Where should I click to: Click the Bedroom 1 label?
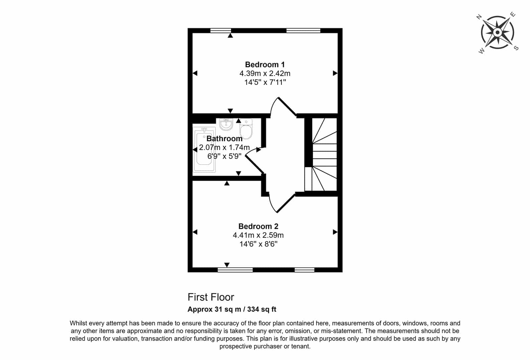(265, 65)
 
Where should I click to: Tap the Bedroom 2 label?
(258, 226)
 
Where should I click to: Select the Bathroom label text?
(224, 139)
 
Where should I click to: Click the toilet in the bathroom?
(246, 129)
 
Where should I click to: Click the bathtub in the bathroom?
(204, 150)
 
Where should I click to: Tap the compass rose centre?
(498, 32)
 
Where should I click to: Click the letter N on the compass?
(479, 17)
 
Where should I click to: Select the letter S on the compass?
(516, 48)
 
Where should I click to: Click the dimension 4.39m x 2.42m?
(265, 73)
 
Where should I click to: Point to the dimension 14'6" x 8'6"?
(258, 244)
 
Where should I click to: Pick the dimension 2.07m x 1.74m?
(224, 147)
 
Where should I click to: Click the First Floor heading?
(211, 297)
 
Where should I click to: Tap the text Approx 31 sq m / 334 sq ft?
(232, 309)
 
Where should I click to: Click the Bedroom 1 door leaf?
(287, 107)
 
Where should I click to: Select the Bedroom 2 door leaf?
(286, 203)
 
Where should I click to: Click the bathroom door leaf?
(255, 164)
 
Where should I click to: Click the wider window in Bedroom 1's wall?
(303, 30)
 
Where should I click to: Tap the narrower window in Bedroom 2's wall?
(304, 270)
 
